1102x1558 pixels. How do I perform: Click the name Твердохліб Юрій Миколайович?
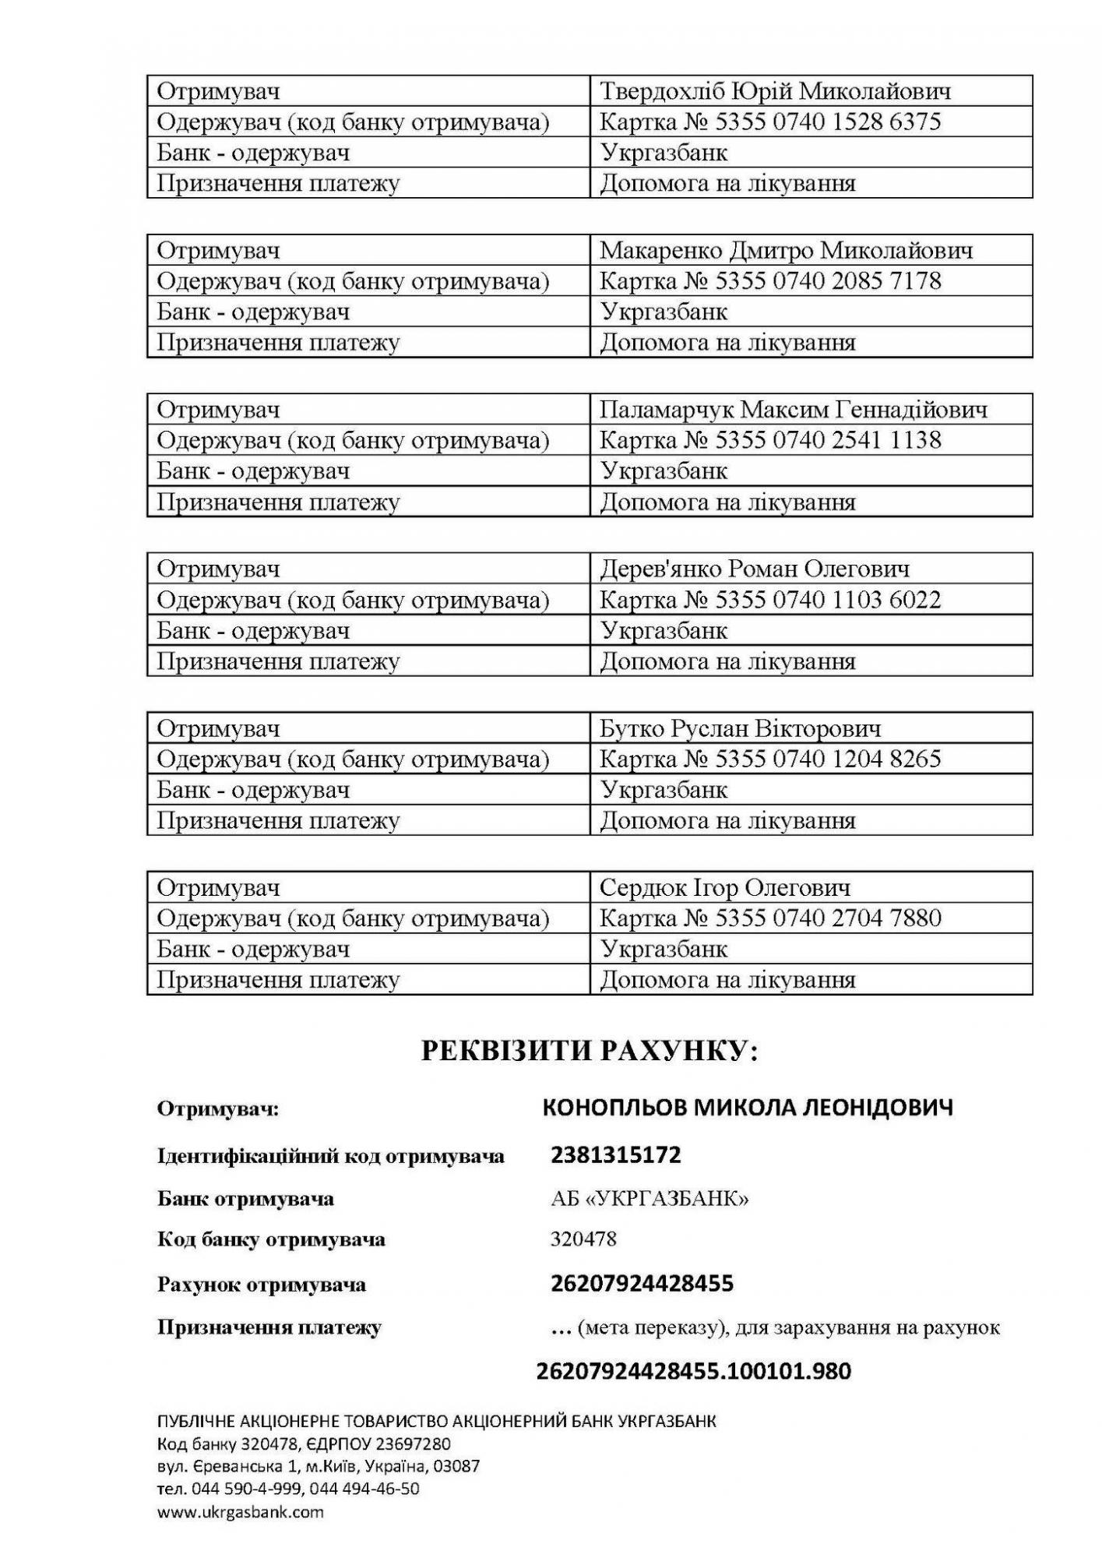[775, 91]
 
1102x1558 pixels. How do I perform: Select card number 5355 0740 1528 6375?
[828, 122]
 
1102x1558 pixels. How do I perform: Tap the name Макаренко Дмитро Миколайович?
[786, 250]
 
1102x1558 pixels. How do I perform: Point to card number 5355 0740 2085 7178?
[828, 280]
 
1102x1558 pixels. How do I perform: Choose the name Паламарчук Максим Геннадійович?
[793, 409]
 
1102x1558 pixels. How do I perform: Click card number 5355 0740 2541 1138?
[828, 440]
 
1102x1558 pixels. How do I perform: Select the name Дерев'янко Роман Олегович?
[754, 569]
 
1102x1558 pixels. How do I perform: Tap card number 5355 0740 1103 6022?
[828, 599]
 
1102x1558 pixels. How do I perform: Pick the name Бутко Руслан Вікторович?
[740, 728]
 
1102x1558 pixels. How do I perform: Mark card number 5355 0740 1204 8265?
[828, 759]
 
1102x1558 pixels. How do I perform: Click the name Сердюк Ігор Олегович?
[724, 887]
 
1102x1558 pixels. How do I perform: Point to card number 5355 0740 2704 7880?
[828, 918]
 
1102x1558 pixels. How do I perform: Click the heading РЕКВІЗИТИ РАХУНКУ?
[590, 1051]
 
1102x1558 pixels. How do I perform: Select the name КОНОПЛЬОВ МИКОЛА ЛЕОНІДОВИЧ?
[747, 1107]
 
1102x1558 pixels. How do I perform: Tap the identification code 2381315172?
[615, 1154]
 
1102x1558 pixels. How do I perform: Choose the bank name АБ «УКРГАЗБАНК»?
[650, 1198]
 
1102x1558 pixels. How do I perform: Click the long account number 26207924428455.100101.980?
[693, 1371]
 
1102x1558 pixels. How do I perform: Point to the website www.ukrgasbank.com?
[240, 1512]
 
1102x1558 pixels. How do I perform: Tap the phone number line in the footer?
[288, 1489]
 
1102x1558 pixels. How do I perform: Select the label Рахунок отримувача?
[261, 1284]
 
